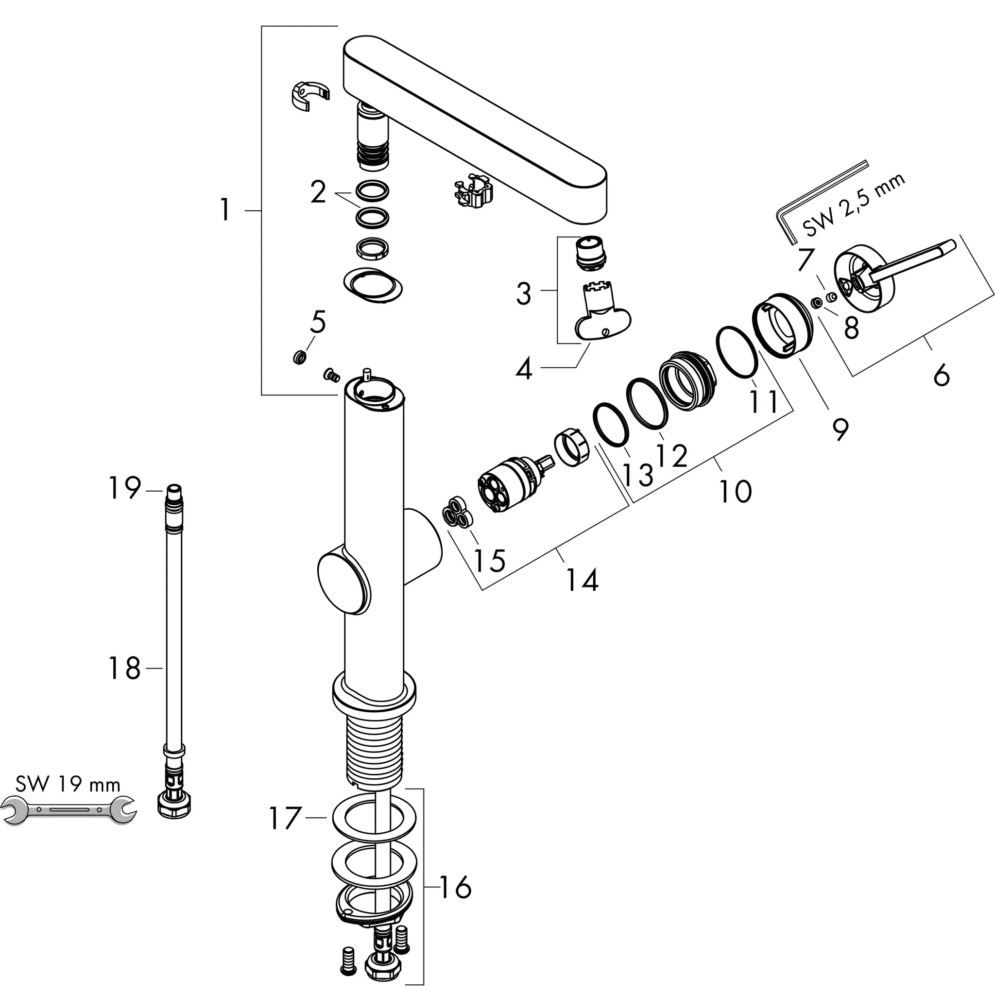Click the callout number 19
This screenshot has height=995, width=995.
pos(124,488)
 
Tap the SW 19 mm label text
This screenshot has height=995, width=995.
pos(68,784)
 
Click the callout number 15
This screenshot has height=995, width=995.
pos(489,560)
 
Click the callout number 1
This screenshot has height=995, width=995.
pos(224,210)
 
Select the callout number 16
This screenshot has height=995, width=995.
pos(456,887)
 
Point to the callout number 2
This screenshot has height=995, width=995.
pos(318,192)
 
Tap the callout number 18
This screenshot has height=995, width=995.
pos(124,669)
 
